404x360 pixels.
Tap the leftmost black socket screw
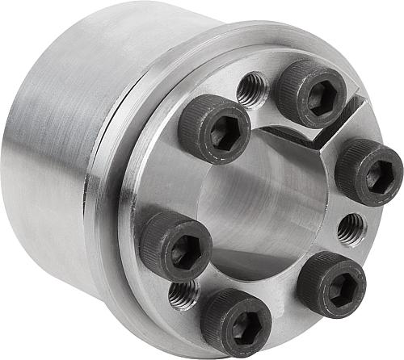pos(175,245)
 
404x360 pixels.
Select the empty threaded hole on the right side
pos(351,229)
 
